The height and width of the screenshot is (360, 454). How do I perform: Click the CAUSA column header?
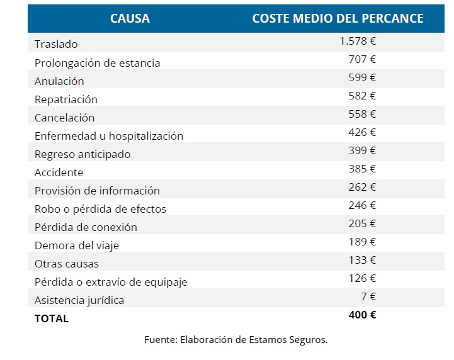[x=130, y=18]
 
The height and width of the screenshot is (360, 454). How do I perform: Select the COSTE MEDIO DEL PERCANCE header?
[x=338, y=18]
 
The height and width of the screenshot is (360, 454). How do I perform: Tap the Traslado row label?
[x=56, y=45]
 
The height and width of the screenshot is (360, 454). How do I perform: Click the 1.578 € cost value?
[x=357, y=42]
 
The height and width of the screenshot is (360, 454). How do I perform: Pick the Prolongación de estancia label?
[x=97, y=63]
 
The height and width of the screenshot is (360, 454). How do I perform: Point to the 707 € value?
[x=362, y=60]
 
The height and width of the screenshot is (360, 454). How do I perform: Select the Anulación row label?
[x=59, y=81]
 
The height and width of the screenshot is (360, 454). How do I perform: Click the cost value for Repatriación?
[x=362, y=96]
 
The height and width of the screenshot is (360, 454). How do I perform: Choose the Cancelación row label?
[x=64, y=118]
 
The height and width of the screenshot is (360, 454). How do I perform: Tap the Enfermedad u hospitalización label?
[x=109, y=136]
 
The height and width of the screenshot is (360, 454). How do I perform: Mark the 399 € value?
[x=362, y=151]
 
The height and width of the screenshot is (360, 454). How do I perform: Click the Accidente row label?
[x=59, y=172]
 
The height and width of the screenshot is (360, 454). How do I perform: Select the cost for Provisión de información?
[x=362, y=188]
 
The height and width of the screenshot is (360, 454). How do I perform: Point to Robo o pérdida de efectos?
[x=100, y=209]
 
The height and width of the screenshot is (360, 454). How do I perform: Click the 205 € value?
[x=362, y=224]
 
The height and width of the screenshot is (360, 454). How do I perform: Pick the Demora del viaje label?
[x=76, y=245]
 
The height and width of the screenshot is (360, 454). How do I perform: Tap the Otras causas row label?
[x=66, y=264]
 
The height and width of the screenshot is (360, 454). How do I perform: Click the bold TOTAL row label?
[x=52, y=318]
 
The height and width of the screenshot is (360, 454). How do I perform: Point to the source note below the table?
[x=236, y=340]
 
